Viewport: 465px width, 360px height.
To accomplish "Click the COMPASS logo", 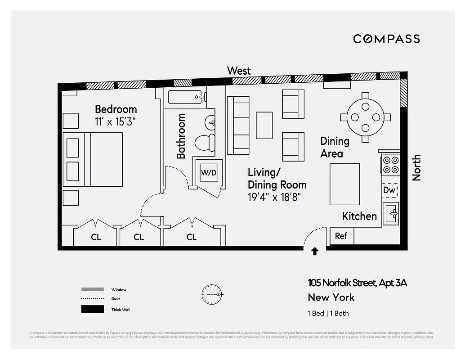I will (x=386, y=39).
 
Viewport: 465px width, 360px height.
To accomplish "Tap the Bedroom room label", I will (x=116, y=109).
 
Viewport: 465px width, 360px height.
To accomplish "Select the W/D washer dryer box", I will (x=208, y=172).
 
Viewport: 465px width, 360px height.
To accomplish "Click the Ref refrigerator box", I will (x=342, y=236).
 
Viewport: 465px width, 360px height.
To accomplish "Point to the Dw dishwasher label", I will (x=389, y=190).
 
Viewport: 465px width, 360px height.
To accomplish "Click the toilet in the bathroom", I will (x=206, y=143).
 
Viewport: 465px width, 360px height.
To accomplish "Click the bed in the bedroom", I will (x=93, y=159).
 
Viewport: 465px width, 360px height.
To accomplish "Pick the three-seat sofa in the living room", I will (x=238, y=125).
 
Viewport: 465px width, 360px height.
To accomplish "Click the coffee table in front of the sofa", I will (x=264, y=125).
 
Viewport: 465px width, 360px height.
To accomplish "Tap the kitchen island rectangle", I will (x=345, y=184).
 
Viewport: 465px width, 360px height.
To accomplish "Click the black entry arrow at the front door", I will (x=315, y=252).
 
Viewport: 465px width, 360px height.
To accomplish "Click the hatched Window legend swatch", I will (x=92, y=289).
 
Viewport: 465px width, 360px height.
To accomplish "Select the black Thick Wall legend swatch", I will (x=92, y=310).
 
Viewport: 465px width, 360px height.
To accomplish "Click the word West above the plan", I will (x=239, y=71).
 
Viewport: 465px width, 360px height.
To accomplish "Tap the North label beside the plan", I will (x=417, y=167).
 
